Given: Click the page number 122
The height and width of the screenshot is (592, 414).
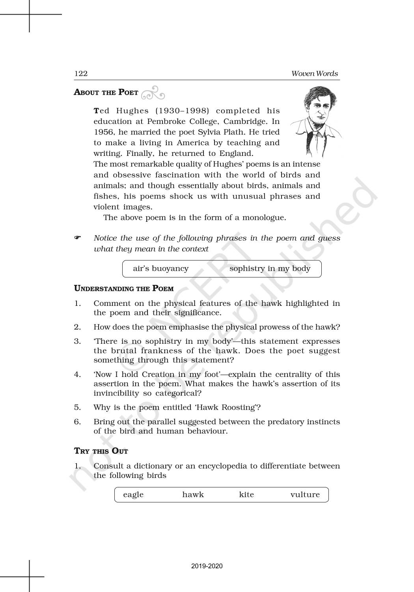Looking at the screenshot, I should [81, 73].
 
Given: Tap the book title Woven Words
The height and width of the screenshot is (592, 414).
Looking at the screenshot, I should [314, 73].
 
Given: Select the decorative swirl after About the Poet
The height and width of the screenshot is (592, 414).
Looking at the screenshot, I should [153, 93].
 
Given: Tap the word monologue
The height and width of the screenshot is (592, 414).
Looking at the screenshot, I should [264, 217].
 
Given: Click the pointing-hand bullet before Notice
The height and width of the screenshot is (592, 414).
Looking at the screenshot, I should [78, 238].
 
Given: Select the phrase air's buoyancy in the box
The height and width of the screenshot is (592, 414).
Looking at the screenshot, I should [160, 269].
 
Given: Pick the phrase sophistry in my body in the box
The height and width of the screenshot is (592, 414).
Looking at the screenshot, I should [270, 269].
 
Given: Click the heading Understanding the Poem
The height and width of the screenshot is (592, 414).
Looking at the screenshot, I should [124, 289].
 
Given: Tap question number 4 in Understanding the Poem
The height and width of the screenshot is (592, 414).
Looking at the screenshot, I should [77, 374].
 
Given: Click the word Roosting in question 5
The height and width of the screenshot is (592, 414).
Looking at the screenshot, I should [234, 407].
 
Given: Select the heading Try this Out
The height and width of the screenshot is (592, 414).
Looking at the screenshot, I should [101, 451].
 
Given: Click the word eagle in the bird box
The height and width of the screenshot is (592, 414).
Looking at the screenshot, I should [133, 495].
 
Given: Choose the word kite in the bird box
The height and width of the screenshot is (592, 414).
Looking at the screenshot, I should [246, 495].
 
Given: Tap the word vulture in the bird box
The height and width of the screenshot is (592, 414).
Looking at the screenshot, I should [305, 495].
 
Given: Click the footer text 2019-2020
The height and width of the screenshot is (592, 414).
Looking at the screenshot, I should [207, 566].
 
